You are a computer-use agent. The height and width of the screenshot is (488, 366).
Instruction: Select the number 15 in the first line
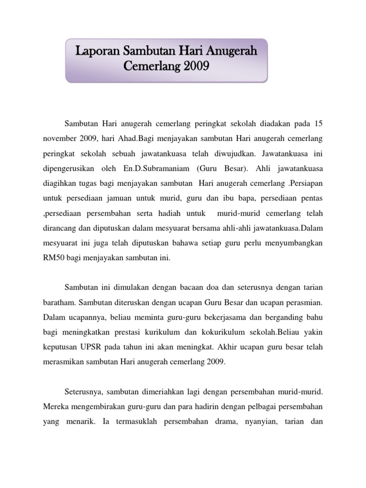tap(318, 124)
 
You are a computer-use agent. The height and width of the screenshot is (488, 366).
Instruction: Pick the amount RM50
tap(53, 258)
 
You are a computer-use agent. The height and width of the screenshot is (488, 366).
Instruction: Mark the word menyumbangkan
tap(293, 243)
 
